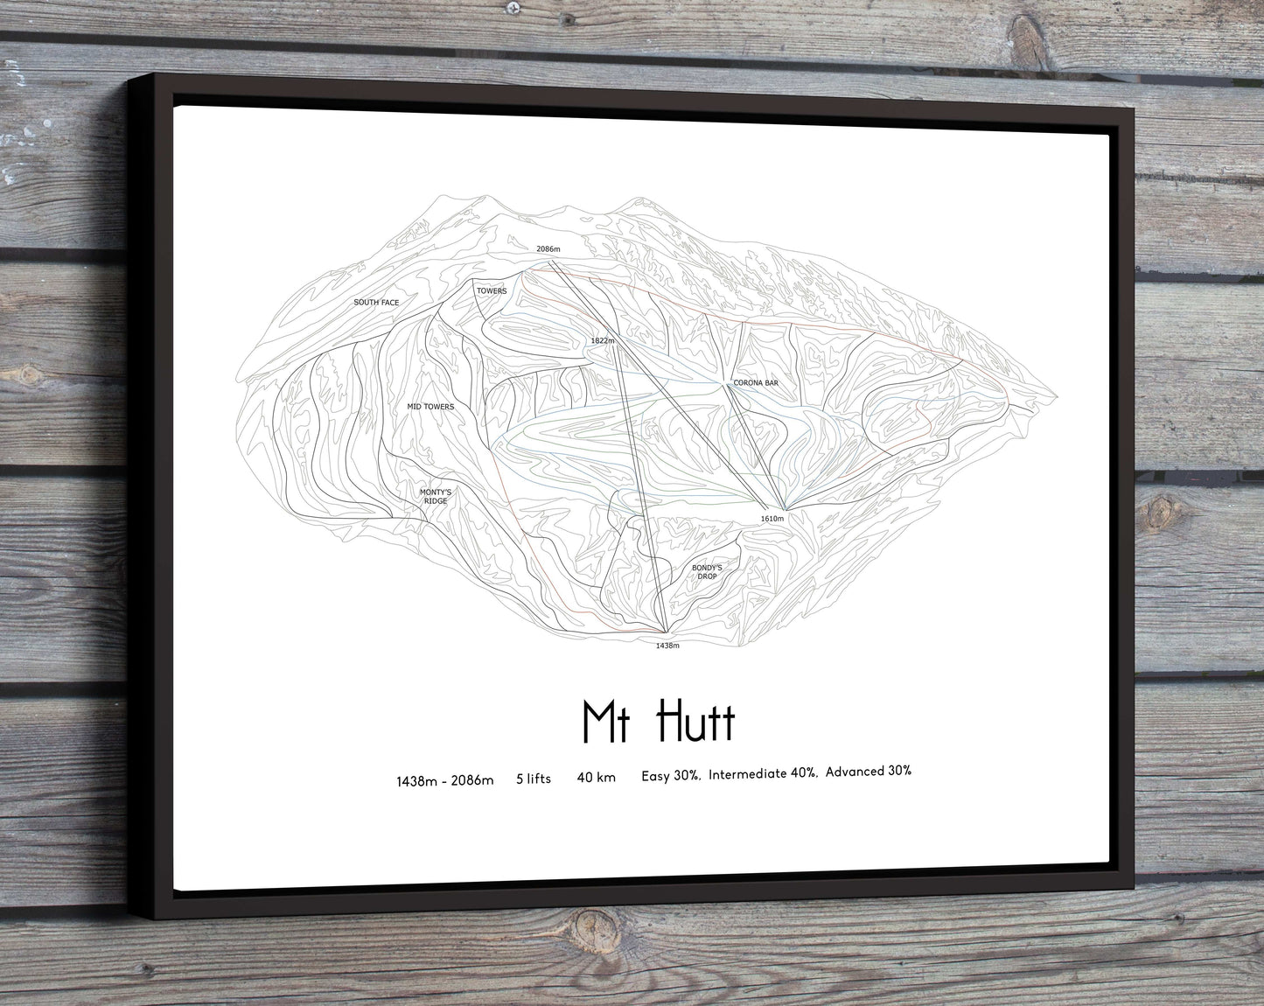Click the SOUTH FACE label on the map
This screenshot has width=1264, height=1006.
click(376, 303)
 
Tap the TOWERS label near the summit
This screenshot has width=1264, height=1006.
click(492, 291)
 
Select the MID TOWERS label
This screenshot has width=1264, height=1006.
click(430, 407)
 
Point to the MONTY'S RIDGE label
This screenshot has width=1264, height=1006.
click(434, 497)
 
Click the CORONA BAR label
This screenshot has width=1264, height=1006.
click(755, 383)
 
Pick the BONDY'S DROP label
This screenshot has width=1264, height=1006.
click(706, 572)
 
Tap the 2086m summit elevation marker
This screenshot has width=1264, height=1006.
click(548, 250)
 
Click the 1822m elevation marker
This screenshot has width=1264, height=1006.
click(604, 340)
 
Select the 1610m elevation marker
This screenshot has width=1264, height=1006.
click(772, 519)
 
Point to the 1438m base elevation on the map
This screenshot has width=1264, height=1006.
click(667, 646)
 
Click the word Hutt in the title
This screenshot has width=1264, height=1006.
click(696, 722)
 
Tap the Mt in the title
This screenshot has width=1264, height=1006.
click(603, 722)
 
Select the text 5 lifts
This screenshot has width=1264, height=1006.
click(534, 778)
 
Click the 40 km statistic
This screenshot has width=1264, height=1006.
click(596, 776)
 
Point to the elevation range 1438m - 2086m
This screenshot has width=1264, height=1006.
click(444, 780)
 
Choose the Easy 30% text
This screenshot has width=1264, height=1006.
click(670, 775)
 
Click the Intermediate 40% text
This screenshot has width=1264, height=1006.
click(764, 773)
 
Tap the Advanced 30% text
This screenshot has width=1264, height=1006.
click(868, 771)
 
